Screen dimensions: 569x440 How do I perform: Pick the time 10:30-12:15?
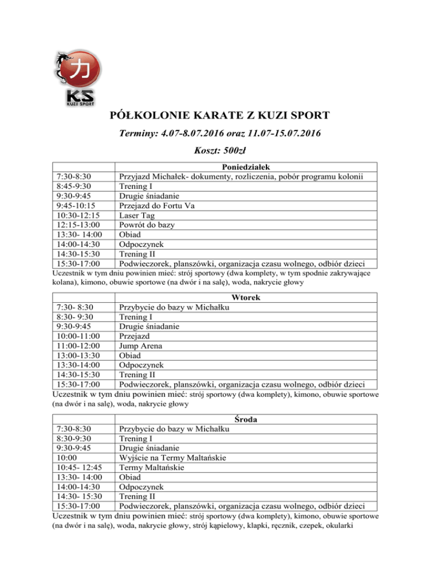click(76, 215)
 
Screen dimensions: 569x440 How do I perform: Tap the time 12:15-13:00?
click(76, 225)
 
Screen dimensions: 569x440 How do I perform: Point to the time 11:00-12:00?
click(76, 346)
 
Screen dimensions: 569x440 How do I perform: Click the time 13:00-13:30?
click(76, 355)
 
